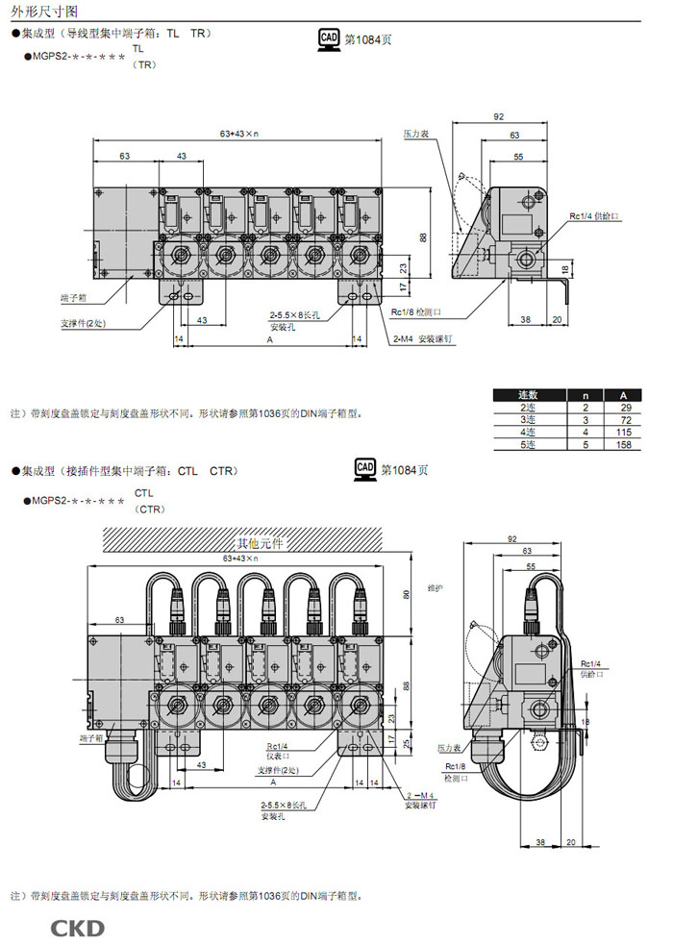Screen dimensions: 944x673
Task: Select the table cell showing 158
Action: [x=623, y=445]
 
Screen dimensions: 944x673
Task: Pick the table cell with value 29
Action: [x=623, y=408]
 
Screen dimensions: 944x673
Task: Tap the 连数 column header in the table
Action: [x=529, y=395]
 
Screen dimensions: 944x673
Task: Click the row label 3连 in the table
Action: [x=529, y=420]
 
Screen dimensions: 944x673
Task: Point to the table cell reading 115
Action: [x=623, y=433]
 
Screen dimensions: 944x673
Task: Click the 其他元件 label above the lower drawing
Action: [x=261, y=544]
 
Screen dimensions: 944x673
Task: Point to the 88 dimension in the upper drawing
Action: [x=424, y=237]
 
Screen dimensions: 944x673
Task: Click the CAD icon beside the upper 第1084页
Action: [x=329, y=39]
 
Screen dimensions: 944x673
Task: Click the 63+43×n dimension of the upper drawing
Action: [x=240, y=134]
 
